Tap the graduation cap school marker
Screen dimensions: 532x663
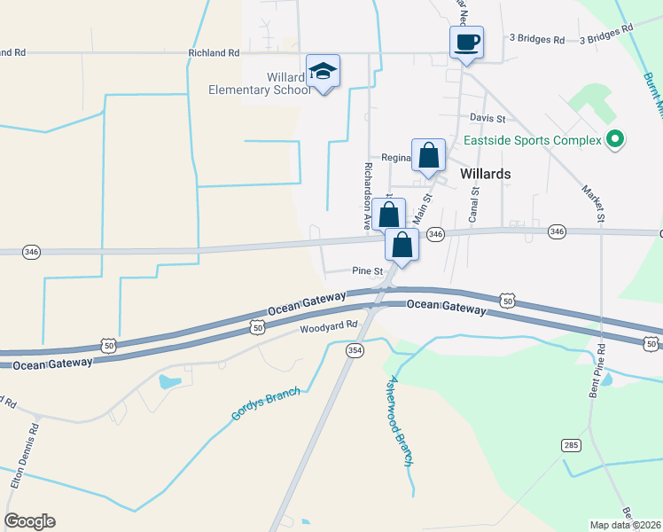tap(323, 72)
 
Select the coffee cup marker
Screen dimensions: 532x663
tap(466, 43)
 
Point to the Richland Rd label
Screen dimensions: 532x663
tap(214, 53)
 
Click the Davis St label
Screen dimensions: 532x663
tap(487, 118)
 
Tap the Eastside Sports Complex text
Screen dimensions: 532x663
tap(530, 140)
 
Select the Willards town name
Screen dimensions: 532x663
tap(486, 174)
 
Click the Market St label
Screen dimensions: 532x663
tap(592, 203)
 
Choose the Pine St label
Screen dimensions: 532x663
tap(367, 271)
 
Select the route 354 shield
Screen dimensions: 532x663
tap(355, 351)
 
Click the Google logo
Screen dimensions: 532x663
tap(30, 521)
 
